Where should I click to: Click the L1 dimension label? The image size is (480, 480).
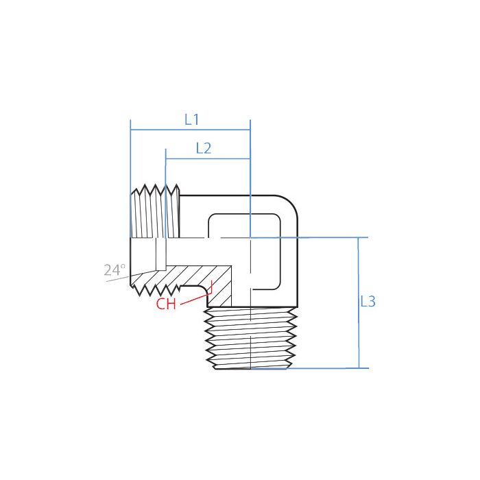point(191,119)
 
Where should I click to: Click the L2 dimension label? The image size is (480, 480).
point(203,148)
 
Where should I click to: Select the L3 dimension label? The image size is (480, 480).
point(368,301)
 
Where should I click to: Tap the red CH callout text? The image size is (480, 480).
point(166,304)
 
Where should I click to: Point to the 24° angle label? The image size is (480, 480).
point(115,270)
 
